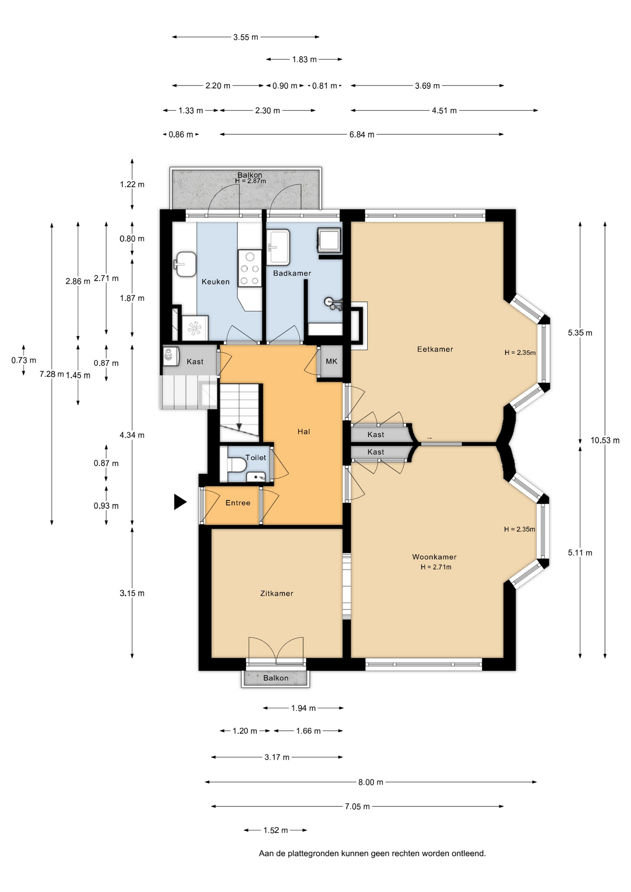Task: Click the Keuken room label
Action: pos(216,282)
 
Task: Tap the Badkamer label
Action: pos(292,273)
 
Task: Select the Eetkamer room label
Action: pos(435,349)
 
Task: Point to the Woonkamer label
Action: pos(434,557)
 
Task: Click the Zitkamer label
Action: pos(277,593)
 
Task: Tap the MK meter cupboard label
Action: pos(332,361)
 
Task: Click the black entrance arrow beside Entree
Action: pos(180,502)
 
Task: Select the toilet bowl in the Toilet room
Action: pos(237,464)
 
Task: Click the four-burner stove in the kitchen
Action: pos(250,269)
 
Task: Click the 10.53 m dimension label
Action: pos(605,440)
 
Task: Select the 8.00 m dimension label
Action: pos(371,782)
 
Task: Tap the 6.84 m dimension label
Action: pos(362,135)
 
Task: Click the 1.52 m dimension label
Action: pos(276,830)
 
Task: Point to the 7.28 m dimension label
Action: pos(52,374)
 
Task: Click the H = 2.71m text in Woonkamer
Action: pos(436,567)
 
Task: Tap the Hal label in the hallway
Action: pos(304,432)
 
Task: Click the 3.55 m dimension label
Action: pos(246,37)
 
